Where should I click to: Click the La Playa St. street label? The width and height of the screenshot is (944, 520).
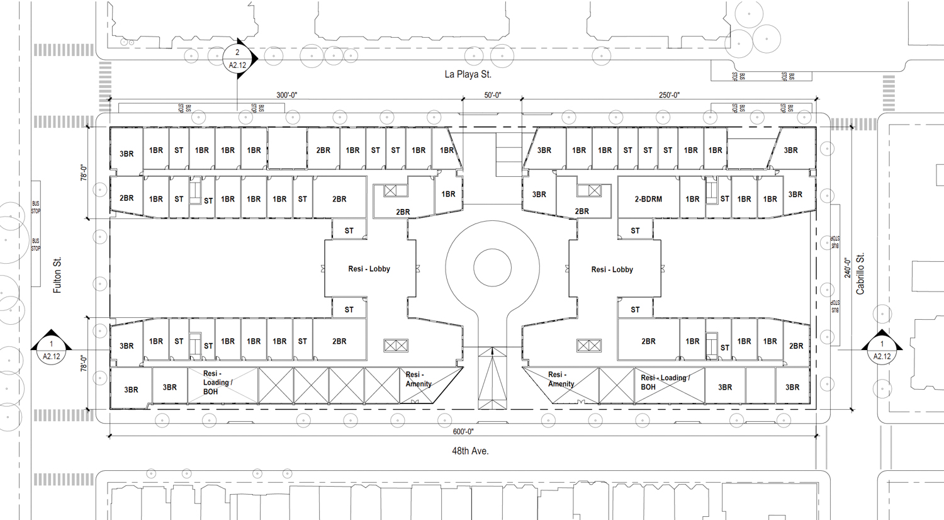(468, 74)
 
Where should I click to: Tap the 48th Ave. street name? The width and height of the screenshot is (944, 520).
(470, 451)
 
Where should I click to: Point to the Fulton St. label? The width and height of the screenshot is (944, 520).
(57, 275)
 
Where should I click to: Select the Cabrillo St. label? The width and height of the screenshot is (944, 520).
(860, 274)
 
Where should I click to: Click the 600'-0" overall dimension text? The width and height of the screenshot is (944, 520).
(463, 432)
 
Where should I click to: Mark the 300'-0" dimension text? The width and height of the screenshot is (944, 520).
(286, 95)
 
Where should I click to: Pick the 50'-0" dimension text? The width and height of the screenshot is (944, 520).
(492, 95)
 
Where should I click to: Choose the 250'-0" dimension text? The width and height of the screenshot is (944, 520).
(669, 95)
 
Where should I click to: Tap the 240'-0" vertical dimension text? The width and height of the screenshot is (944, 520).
(848, 268)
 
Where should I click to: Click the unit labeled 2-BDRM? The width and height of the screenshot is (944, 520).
(648, 199)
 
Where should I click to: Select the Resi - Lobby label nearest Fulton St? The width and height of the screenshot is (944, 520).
(369, 269)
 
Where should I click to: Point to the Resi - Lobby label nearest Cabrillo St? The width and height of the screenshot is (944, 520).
(612, 269)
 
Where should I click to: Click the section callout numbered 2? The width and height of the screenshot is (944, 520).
(237, 59)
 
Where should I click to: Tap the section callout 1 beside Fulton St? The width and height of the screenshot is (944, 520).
(52, 350)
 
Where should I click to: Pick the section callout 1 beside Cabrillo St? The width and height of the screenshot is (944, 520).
(882, 350)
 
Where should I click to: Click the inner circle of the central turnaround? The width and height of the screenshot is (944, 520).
(492, 268)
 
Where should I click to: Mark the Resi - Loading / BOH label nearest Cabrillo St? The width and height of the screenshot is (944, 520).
(665, 382)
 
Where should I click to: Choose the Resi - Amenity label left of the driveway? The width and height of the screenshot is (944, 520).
(419, 379)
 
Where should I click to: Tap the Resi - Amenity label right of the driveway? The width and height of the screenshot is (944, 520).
(561, 379)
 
